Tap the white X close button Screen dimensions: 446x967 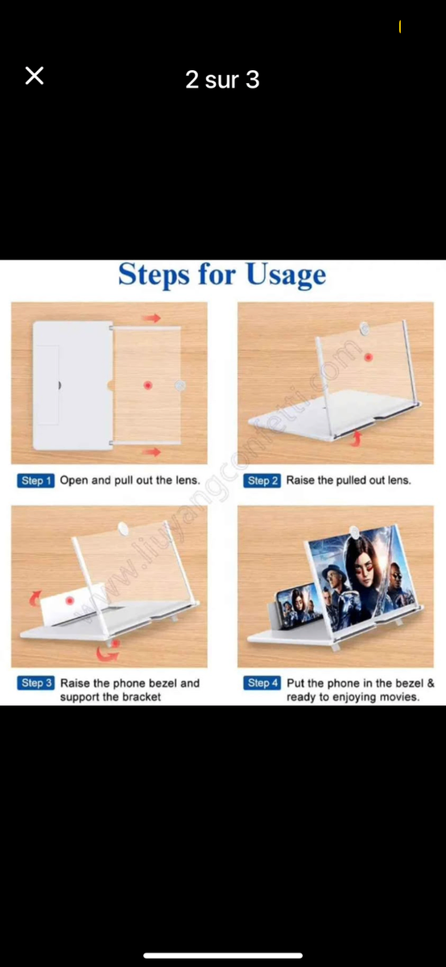pyautogui.click(x=35, y=76)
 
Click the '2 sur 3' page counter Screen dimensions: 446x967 pyautogui.click(x=222, y=80)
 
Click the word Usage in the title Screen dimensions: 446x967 pyautogui.click(x=286, y=275)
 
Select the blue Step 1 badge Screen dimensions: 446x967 pyautogui.click(x=35, y=480)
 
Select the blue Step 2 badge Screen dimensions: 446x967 pyautogui.click(x=262, y=480)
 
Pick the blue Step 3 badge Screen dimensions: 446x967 pyautogui.click(x=35, y=683)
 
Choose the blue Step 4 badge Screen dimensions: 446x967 pyautogui.click(x=262, y=683)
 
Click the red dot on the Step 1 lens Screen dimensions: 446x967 pyautogui.click(x=148, y=385)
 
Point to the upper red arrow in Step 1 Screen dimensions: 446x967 pyautogui.click(x=151, y=318)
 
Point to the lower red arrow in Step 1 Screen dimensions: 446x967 pyautogui.click(x=151, y=452)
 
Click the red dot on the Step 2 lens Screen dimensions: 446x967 pyautogui.click(x=368, y=357)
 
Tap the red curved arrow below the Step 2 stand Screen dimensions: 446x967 pyautogui.click(x=355, y=438)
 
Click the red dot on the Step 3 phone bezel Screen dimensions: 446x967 pyautogui.click(x=69, y=600)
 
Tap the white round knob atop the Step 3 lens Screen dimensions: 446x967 pyautogui.click(x=123, y=528)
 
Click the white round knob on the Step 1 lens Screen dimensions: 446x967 pyautogui.click(x=180, y=385)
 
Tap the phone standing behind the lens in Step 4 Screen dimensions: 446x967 pyautogui.click(x=298, y=605)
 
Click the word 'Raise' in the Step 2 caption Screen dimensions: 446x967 pyautogui.click(x=300, y=480)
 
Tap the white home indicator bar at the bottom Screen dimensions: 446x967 pyautogui.click(x=223, y=956)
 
